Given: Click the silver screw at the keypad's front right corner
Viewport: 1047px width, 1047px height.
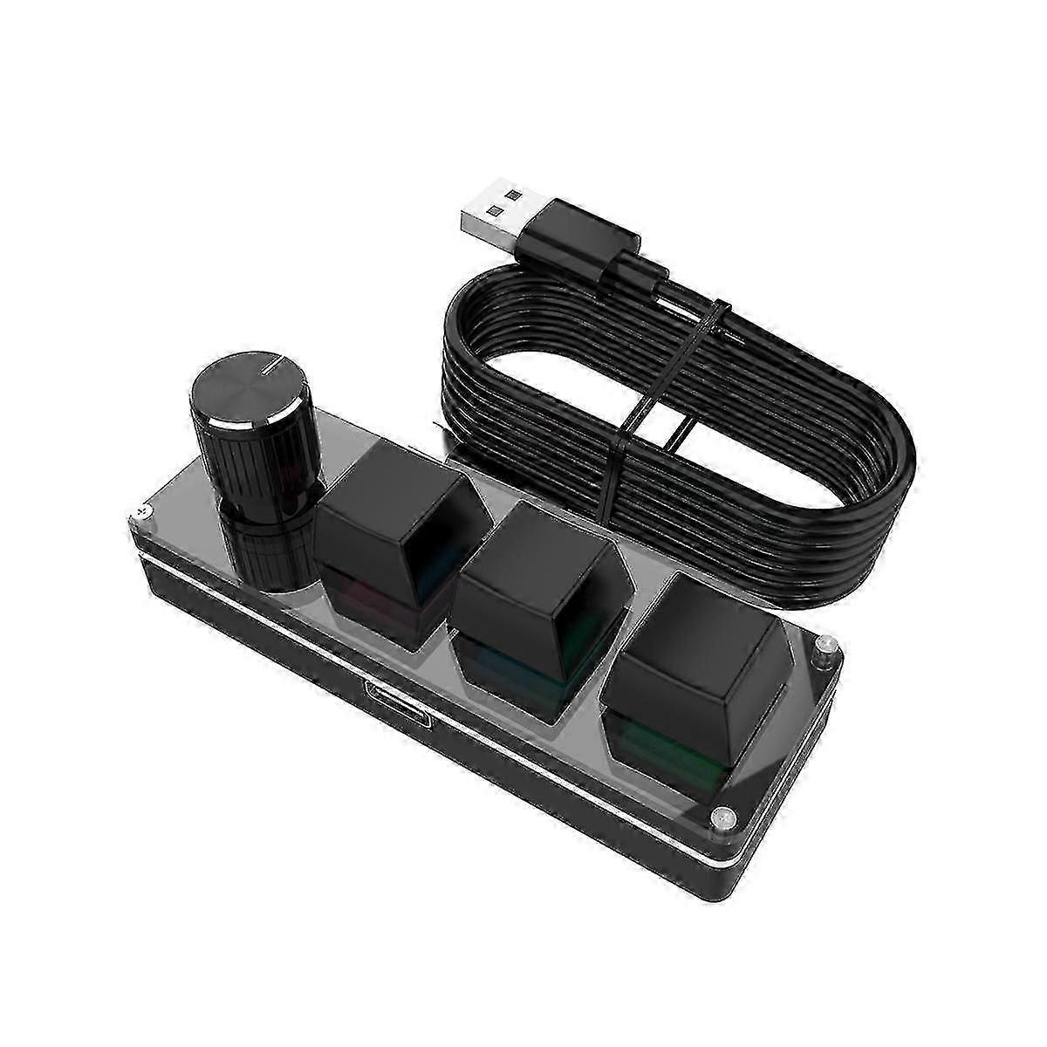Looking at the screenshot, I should click(721, 818).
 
